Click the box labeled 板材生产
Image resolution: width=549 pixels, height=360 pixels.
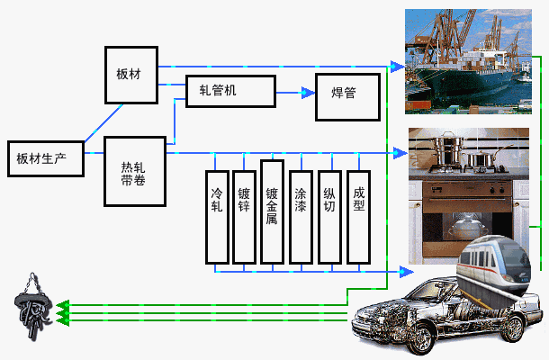tap(46, 158)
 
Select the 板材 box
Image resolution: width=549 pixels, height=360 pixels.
tap(131, 75)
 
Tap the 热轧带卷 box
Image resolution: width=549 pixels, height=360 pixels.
tap(135, 171)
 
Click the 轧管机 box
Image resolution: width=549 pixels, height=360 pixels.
tap(230, 91)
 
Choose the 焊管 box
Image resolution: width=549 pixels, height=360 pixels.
tap(347, 97)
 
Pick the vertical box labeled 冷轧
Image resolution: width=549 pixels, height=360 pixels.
tap(217, 217)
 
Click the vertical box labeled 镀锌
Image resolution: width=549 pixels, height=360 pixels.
tap(244, 217)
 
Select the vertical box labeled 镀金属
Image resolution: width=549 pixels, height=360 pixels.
tap(272, 211)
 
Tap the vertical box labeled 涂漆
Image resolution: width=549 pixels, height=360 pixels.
tap(301, 217)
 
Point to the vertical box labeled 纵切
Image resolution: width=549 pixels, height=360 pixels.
tap(329, 217)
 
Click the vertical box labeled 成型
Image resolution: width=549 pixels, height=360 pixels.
tap(358, 217)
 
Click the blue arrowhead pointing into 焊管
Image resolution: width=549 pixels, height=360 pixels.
tap(308, 93)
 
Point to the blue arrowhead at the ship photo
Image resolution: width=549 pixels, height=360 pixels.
tap(398, 67)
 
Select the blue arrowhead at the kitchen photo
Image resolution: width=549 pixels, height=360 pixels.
tap(400, 153)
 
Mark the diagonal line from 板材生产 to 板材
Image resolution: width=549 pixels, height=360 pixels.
tap(104, 123)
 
